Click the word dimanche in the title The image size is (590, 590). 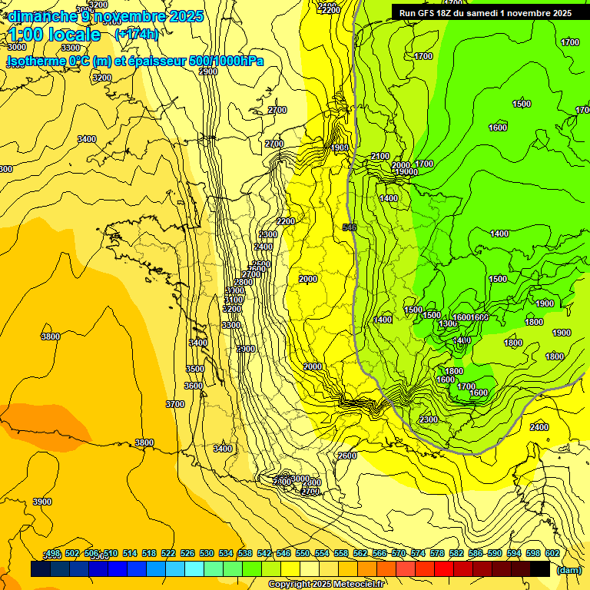tap(41, 15)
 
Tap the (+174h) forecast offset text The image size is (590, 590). tap(136, 34)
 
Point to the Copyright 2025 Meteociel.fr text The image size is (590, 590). tap(327, 585)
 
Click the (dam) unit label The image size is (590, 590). tap(568, 569)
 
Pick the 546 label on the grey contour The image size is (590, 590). tap(350, 227)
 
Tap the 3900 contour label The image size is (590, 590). tap(41, 502)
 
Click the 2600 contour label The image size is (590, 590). tap(347, 456)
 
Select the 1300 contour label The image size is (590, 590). tap(448, 324)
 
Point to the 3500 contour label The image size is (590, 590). tap(195, 369)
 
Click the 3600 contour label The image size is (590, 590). tap(194, 386)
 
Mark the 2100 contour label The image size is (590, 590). tap(380, 156)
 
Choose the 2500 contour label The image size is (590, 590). tap(260, 264)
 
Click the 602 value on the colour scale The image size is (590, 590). tap(552, 553)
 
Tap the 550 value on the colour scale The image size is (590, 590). tap(303, 553)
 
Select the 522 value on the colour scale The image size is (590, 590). tap(168, 553)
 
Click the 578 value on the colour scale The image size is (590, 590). tap(437, 553)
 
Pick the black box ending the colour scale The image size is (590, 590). tap(540, 569)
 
